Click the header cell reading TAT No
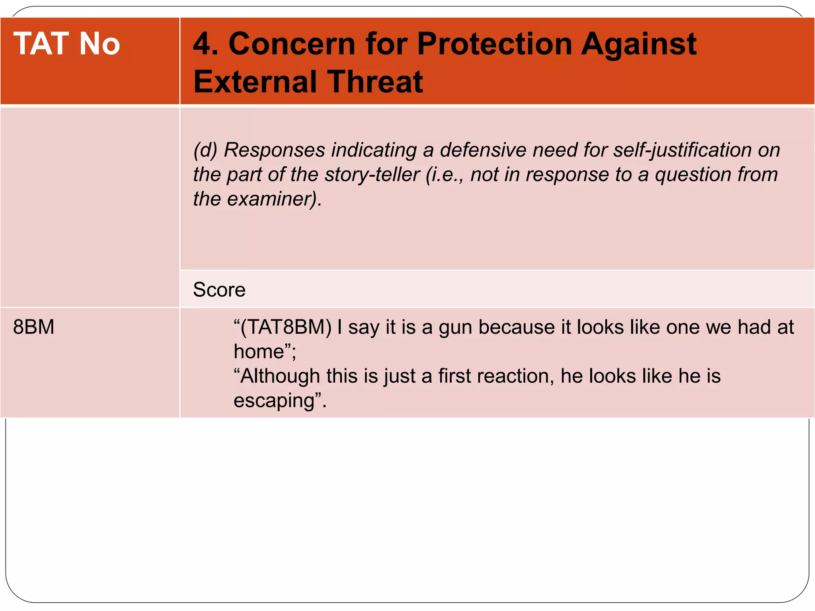[66, 44]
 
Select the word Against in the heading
[639, 44]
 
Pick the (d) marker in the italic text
[205, 150]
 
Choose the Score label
[219, 290]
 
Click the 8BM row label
[33, 327]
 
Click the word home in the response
[259, 352]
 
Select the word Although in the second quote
[280, 376]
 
